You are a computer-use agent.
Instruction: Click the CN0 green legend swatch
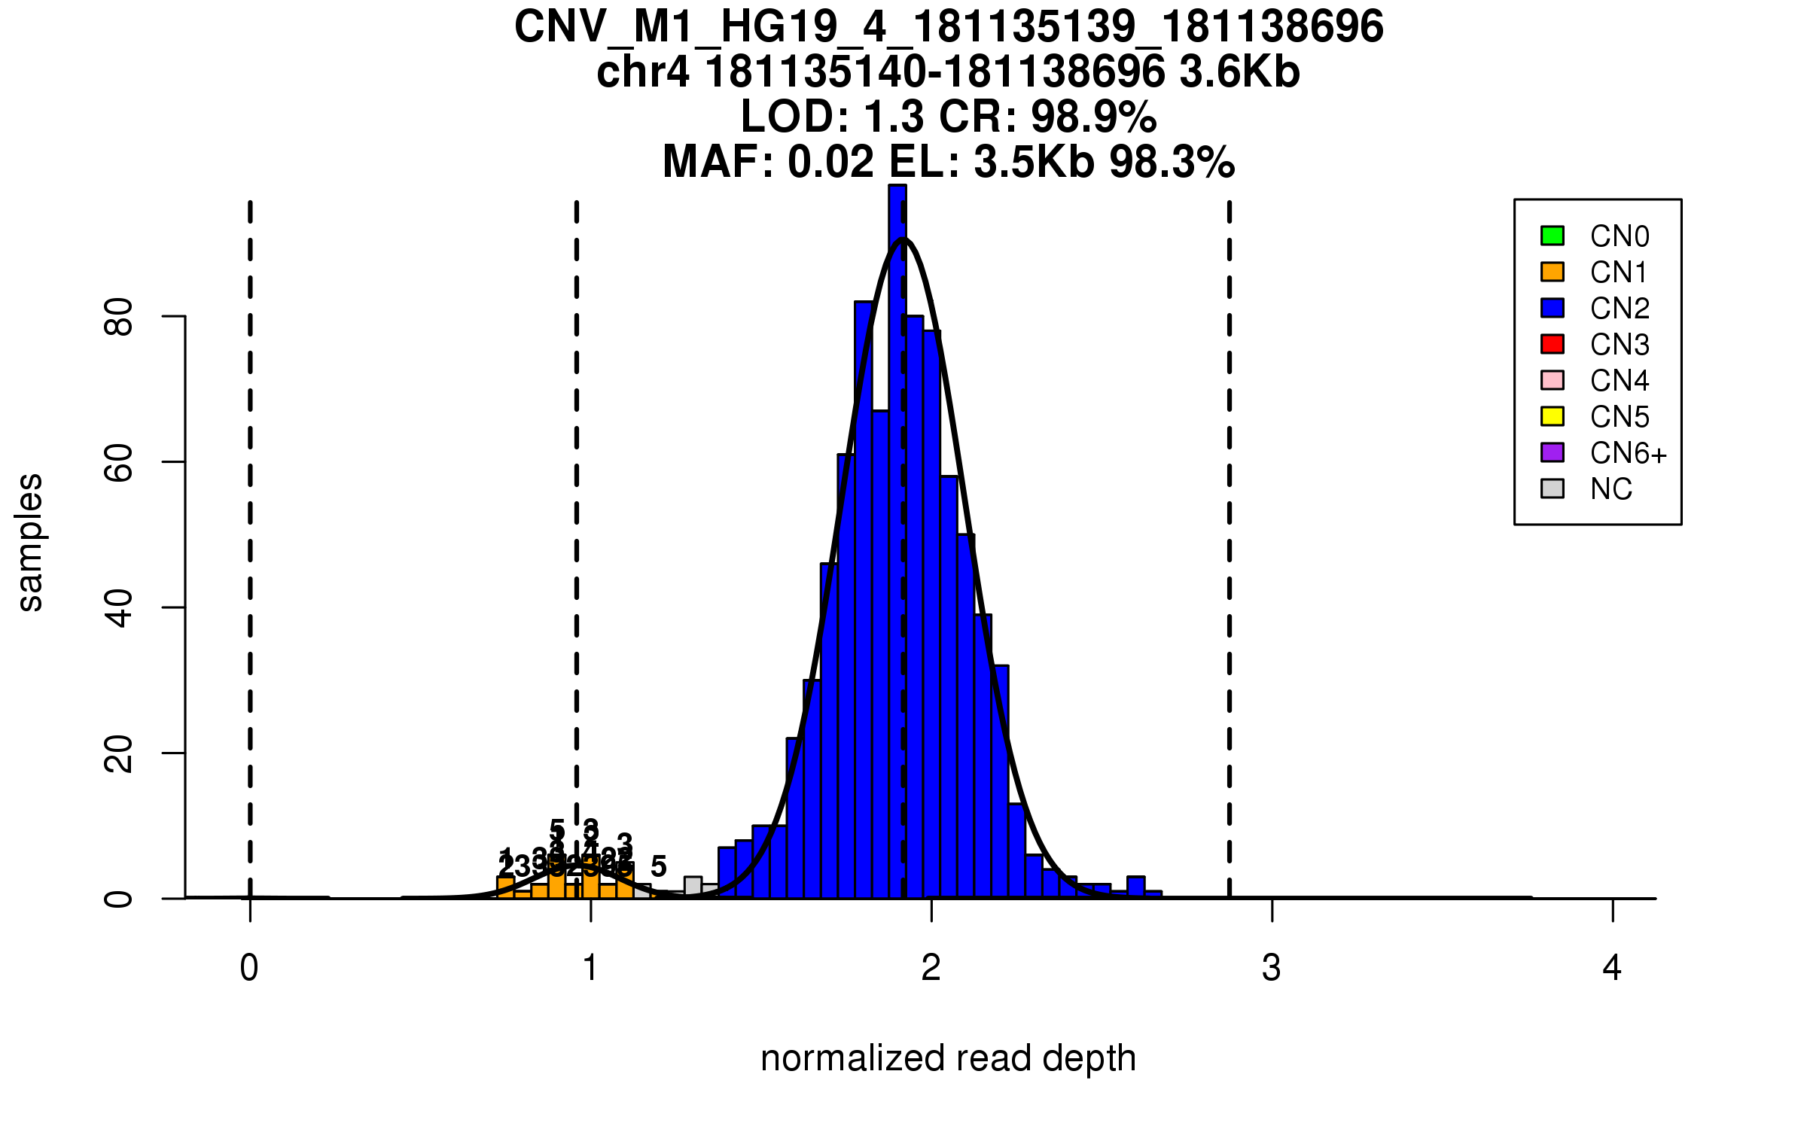coord(1553,236)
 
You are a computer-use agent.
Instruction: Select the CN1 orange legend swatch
coord(1553,272)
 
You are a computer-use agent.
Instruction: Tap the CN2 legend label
coord(1620,309)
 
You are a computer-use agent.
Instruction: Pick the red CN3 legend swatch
coord(1553,344)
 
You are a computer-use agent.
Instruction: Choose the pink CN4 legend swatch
coord(1553,380)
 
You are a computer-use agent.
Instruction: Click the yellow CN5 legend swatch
coord(1553,416)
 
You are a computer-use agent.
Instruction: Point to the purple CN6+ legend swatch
coord(1553,452)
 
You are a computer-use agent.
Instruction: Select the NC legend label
coord(1611,489)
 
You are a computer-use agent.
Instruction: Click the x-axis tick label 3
coord(1272,968)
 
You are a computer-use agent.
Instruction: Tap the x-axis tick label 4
coord(1612,968)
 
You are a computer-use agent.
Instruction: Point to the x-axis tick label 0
coord(249,968)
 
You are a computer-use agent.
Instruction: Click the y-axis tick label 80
coord(120,317)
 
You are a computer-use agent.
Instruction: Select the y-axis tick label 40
coord(120,608)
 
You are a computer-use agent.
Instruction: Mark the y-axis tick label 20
coord(120,753)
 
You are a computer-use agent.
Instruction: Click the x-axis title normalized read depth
coord(948,1058)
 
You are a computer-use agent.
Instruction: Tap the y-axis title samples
coord(30,542)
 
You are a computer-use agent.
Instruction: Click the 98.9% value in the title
coord(1093,117)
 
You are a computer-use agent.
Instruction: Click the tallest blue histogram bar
coord(897,542)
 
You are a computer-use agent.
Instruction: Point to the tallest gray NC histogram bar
coord(693,887)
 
